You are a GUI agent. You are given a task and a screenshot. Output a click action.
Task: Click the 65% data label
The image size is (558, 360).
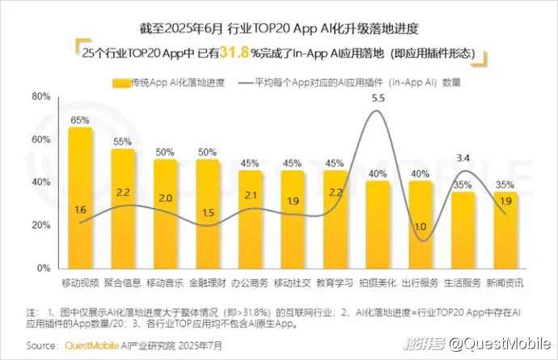pyautogui.click(x=79, y=120)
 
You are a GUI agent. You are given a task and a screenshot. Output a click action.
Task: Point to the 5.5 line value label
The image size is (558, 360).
pyautogui.click(x=378, y=98)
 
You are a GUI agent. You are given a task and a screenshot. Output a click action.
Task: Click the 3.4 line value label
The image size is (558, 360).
pyautogui.click(x=463, y=157)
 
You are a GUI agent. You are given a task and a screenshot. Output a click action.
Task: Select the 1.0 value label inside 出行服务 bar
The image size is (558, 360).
pyautogui.click(x=421, y=227)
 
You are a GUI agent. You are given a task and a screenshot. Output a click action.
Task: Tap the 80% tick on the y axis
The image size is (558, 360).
pyautogui.click(x=40, y=97)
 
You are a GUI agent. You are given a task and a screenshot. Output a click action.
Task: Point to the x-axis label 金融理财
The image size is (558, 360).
pyautogui.click(x=207, y=282)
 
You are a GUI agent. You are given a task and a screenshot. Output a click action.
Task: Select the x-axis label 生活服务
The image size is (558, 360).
pyautogui.click(x=463, y=282)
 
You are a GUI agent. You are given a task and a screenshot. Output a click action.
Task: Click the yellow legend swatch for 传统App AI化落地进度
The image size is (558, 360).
pyautogui.click(x=121, y=82)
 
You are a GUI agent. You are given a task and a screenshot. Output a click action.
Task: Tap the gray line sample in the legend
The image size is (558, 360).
pyautogui.click(x=247, y=82)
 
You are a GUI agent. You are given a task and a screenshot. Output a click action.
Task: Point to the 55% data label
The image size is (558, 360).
pyautogui.click(x=122, y=142)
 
